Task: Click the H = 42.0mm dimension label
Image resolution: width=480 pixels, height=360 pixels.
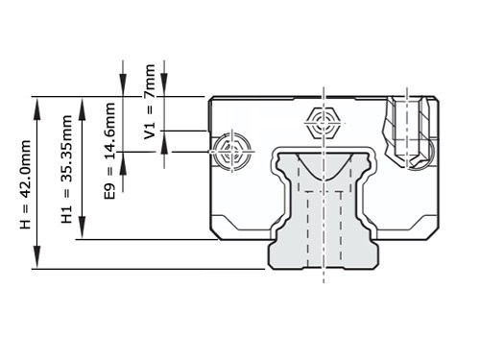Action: [26, 182]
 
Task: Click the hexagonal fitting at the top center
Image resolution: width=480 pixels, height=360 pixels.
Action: [324, 123]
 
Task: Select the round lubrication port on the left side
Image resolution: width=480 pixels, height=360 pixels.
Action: [231, 151]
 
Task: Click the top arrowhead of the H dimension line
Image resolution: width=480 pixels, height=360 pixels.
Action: [38, 101]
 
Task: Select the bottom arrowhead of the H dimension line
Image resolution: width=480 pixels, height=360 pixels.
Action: [38, 263]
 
